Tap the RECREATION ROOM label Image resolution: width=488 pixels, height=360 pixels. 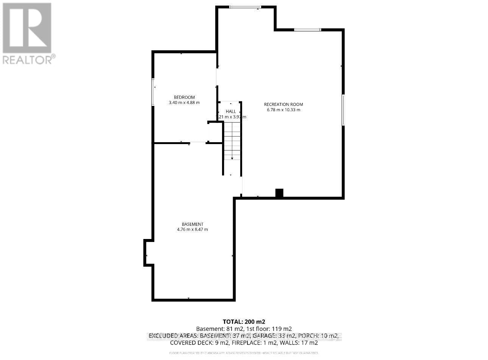point(283,104)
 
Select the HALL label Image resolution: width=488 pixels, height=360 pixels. point(231,112)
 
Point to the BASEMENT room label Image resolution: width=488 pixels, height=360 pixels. point(192,224)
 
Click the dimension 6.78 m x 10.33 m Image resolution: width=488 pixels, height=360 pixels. point(283,110)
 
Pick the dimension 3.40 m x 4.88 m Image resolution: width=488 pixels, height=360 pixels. point(184,102)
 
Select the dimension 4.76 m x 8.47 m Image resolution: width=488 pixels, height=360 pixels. point(192,230)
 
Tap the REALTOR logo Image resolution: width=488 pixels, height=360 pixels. point(27,33)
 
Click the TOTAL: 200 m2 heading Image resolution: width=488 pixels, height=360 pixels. point(244,322)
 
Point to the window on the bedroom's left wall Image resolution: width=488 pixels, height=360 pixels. point(153,92)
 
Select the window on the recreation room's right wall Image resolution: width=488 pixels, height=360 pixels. point(343,110)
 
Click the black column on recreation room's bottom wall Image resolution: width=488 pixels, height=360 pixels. point(279,193)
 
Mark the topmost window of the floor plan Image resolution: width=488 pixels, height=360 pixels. point(245,6)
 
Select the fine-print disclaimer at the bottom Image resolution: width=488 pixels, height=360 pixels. point(244,353)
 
